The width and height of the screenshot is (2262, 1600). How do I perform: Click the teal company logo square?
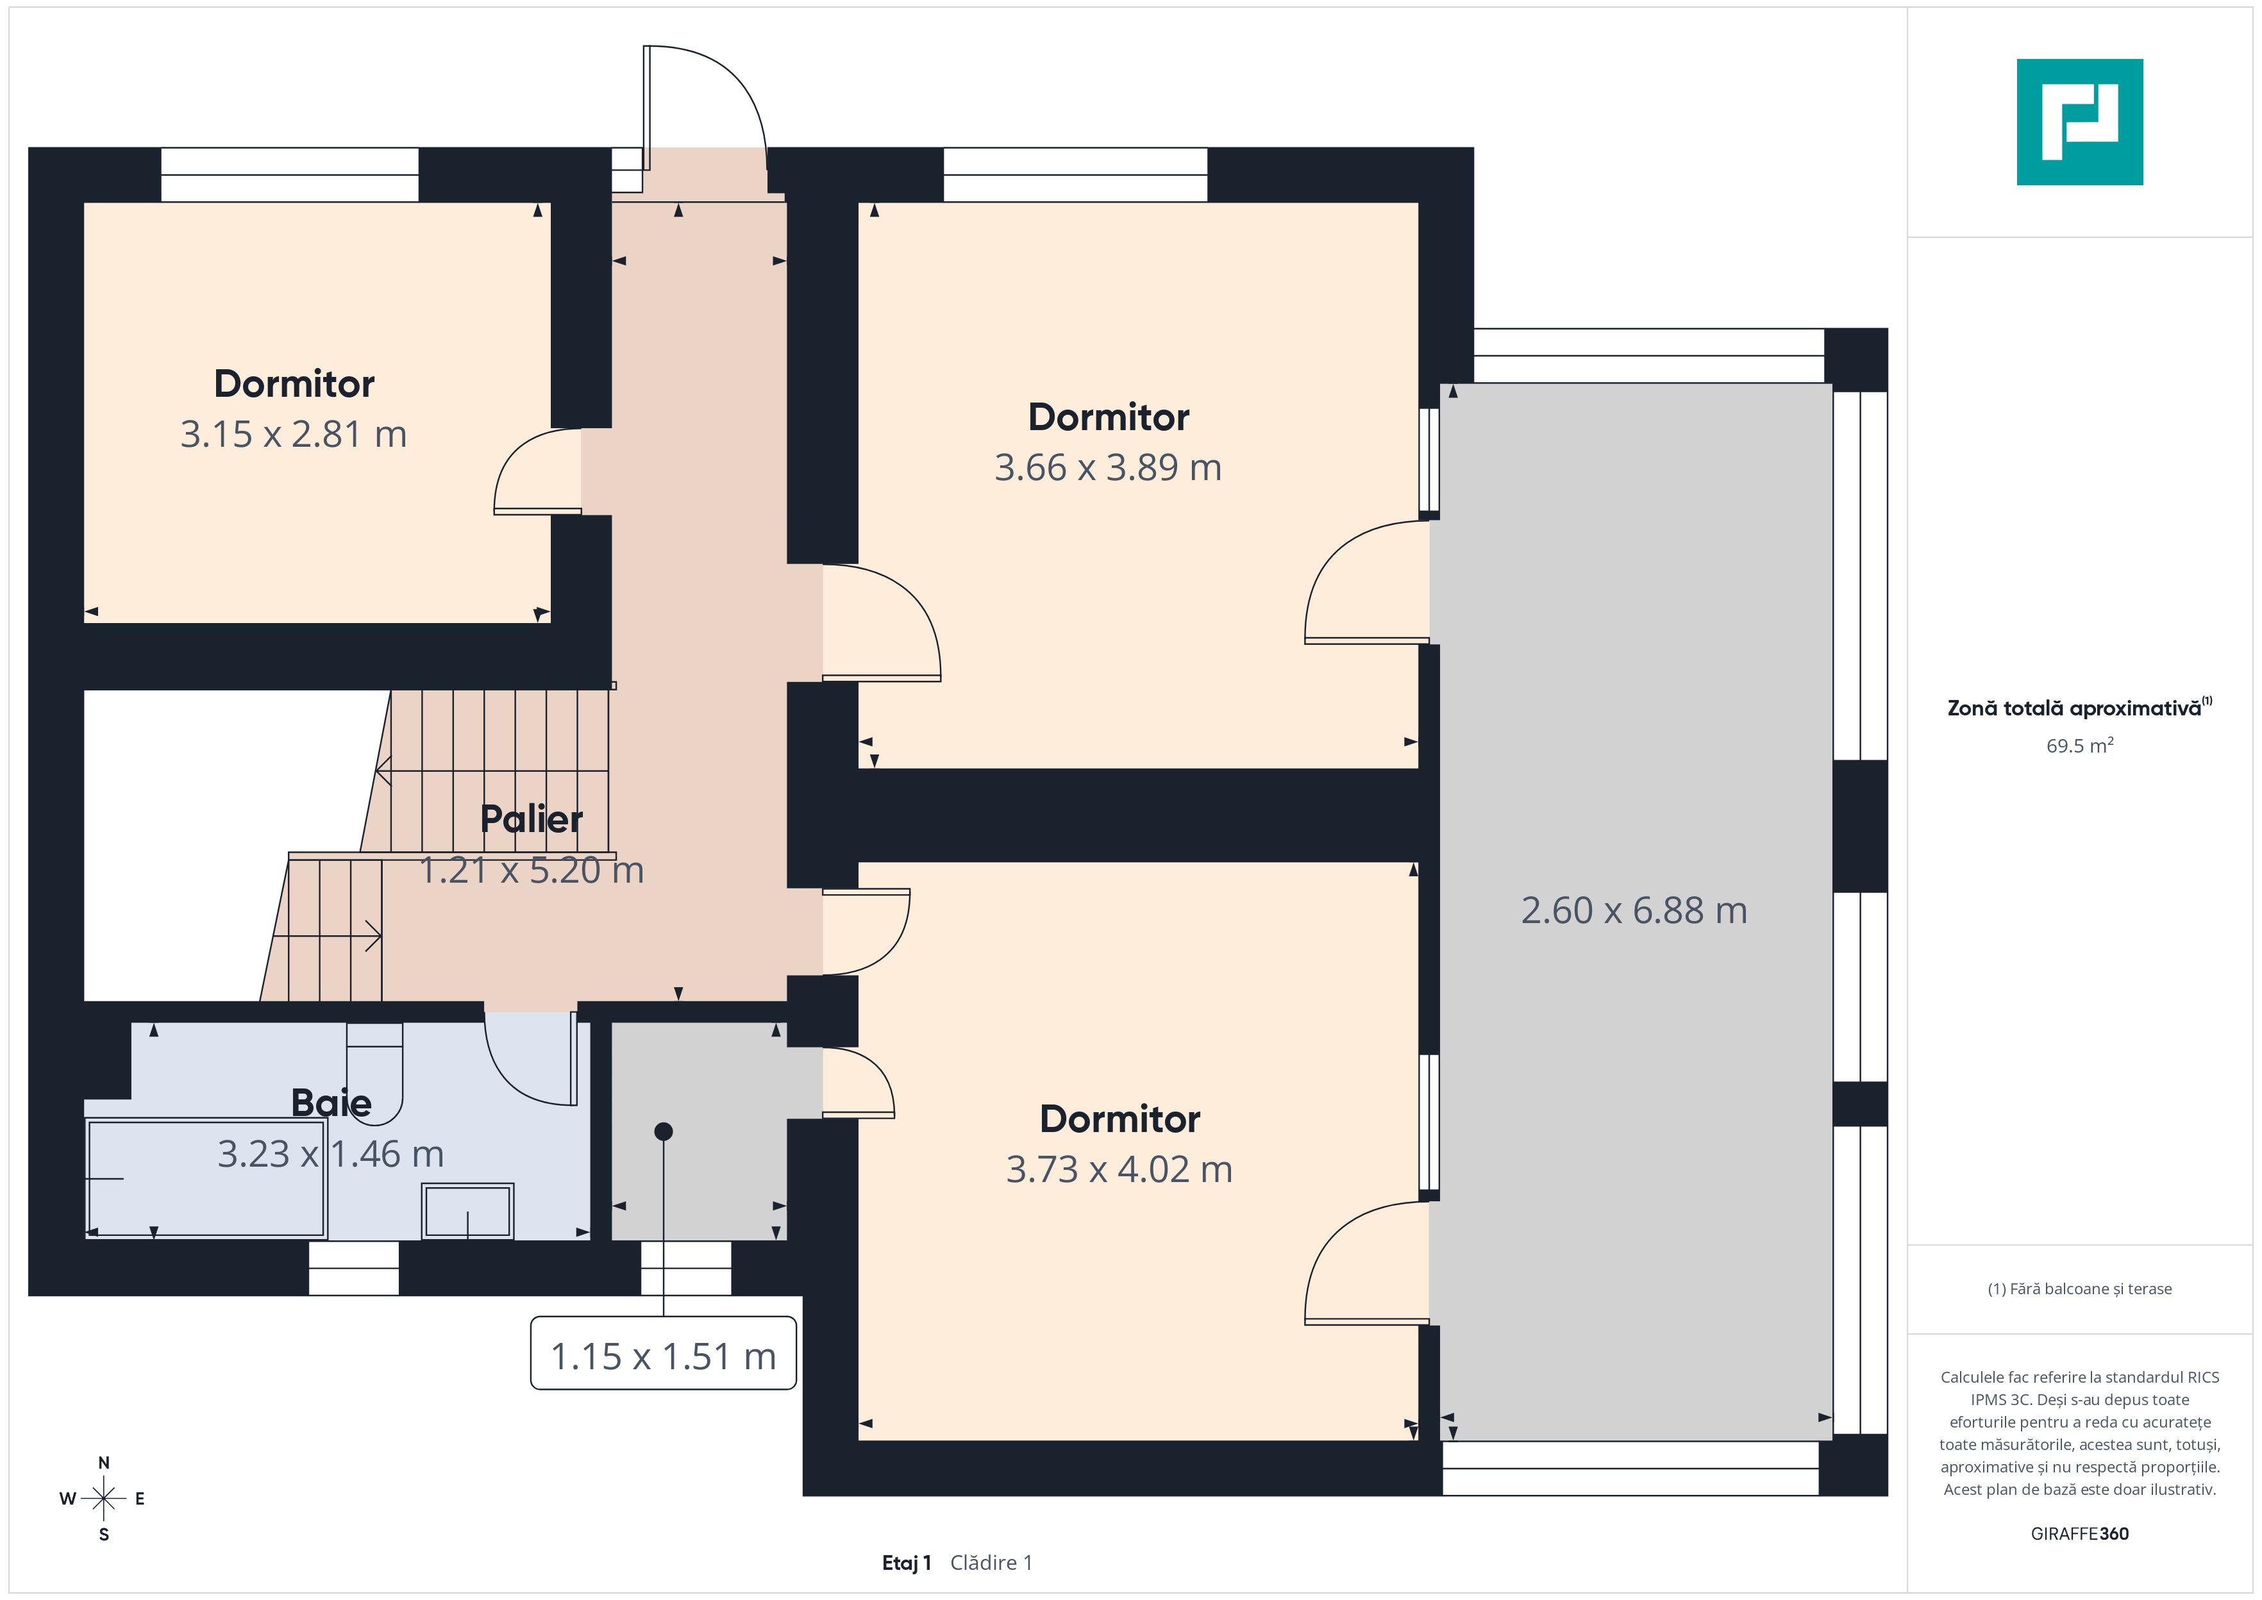pyautogui.click(x=2080, y=122)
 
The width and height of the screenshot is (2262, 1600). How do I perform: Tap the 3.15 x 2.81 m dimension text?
pyautogui.click(x=294, y=435)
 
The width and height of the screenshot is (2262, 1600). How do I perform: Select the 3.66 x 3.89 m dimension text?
pyautogui.click(x=1109, y=468)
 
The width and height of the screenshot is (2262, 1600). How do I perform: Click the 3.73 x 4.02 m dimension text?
pyautogui.click(x=1119, y=1169)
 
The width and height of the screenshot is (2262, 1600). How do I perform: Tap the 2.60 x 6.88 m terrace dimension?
pyautogui.click(x=1634, y=910)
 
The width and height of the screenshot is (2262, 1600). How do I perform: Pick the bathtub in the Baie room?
pyautogui.click(x=206, y=1178)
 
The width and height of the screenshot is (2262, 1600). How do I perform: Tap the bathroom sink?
pyautogui.click(x=468, y=1211)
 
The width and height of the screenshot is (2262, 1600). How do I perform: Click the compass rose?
pyautogui.click(x=103, y=1499)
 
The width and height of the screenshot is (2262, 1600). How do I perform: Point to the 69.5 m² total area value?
pyautogui.click(x=2080, y=746)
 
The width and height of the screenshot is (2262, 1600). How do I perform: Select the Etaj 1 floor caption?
pyautogui.click(x=907, y=1563)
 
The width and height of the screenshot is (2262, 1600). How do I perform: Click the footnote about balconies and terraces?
pyautogui.click(x=2080, y=1288)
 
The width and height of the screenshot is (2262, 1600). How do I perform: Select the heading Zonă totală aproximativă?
pyautogui.click(x=2080, y=708)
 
